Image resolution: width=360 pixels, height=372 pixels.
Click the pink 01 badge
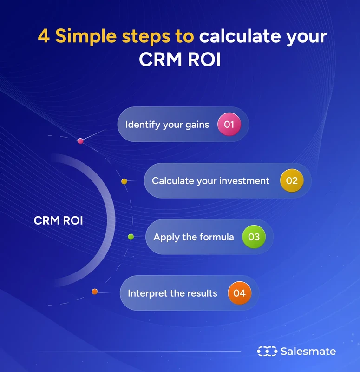tap(229, 125)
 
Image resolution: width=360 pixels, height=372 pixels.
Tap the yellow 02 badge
tap(292, 180)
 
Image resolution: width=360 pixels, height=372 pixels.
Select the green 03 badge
tap(254, 237)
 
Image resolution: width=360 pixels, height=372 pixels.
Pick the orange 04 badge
tap(239, 293)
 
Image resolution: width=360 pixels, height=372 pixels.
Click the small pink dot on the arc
tap(80, 141)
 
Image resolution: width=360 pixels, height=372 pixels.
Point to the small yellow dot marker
tap(124, 181)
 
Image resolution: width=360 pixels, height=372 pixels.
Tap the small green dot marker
tap(131, 237)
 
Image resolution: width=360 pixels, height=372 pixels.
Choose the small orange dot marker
tap(95, 292)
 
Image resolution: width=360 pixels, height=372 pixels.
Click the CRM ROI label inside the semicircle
tap(59, 220)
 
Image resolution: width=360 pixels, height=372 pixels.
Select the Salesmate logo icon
tap(267, 352)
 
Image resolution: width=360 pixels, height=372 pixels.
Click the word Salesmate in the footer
tap(308, 352)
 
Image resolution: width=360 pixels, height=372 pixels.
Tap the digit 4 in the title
tap(44, 37)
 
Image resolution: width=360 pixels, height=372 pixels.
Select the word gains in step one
tap(196, 125)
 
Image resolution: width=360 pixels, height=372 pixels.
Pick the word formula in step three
tap(216, 237)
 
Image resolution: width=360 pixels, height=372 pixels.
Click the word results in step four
tap(201, 293)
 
